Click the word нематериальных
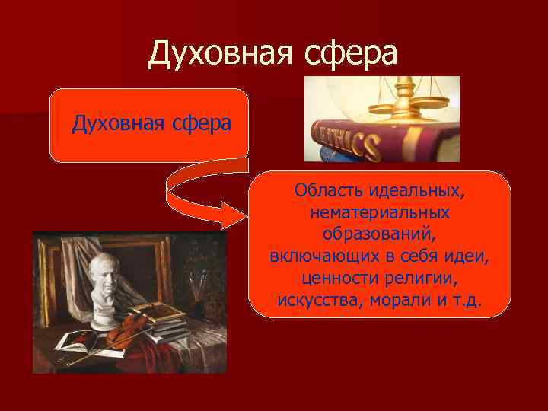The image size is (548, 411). (x=379, y=210)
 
